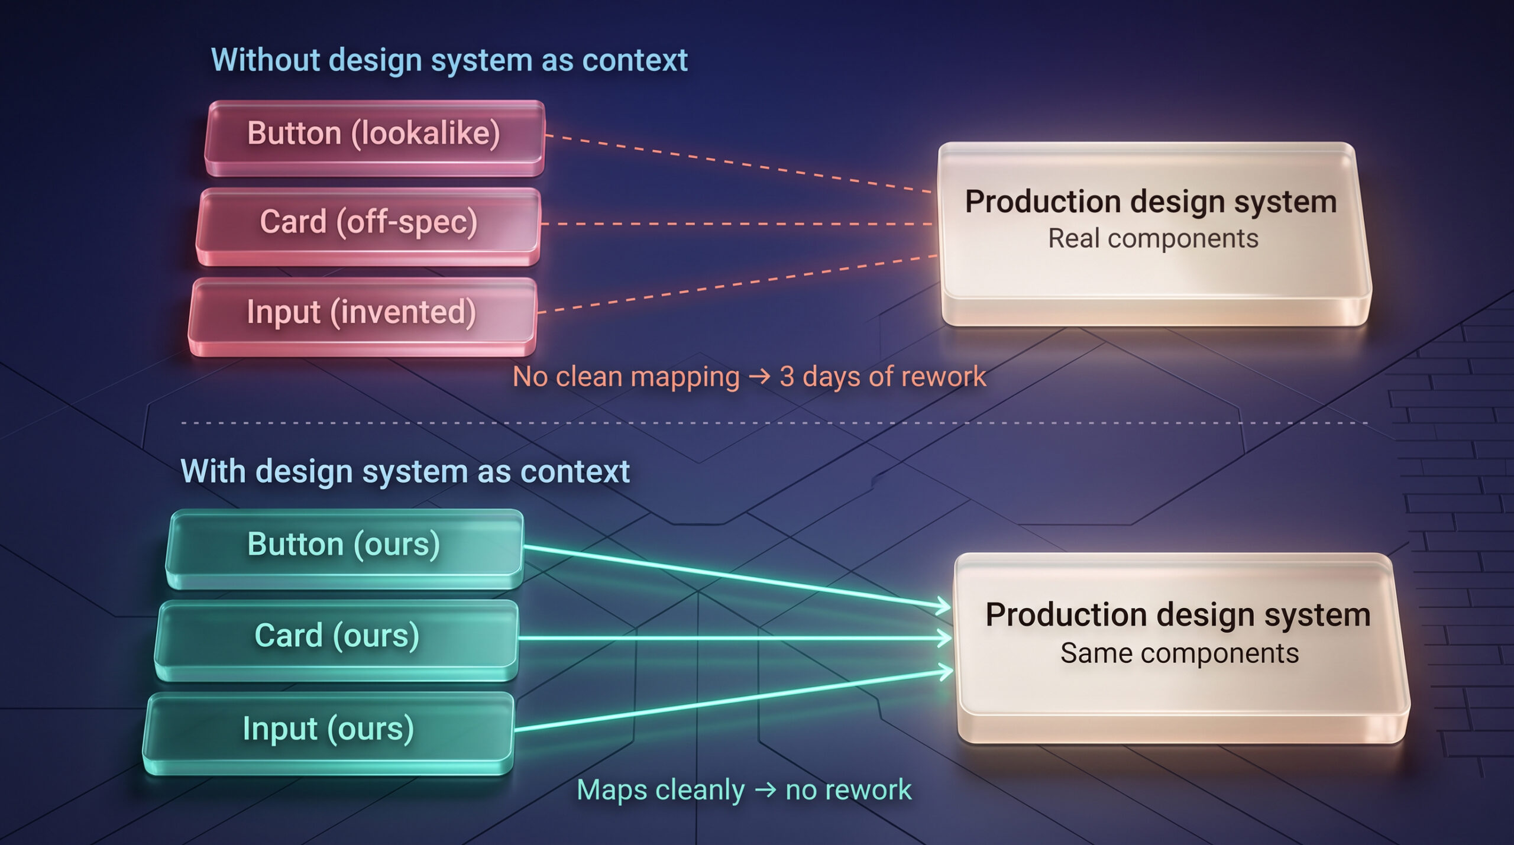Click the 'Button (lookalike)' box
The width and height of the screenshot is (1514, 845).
point(374,138)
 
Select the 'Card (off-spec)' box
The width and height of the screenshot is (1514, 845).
point(368,227)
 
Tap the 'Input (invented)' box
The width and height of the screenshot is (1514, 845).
point(363,317)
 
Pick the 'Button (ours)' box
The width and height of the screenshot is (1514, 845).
point(344,549)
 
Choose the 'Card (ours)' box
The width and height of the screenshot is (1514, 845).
point(337,640)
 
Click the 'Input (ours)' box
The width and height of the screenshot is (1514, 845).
point(328,733)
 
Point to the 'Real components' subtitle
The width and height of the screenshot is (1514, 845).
point(1153,238)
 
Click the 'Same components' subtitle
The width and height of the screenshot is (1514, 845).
point(1180,653)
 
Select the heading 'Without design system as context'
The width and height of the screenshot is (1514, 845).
point(449,60)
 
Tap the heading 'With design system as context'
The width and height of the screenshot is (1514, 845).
point(405,471)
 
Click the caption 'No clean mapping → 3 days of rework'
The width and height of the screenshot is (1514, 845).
point(749,377)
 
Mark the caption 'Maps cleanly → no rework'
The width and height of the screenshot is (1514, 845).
point(744,790)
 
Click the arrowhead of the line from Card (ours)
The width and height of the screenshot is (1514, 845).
point(944,638)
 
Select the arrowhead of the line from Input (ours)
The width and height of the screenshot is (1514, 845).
point(944,672)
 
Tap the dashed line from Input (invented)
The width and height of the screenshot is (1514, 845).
point(738,284)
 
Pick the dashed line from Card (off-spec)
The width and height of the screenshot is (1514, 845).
point(737,224)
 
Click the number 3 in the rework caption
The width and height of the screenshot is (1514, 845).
point(787,377)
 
